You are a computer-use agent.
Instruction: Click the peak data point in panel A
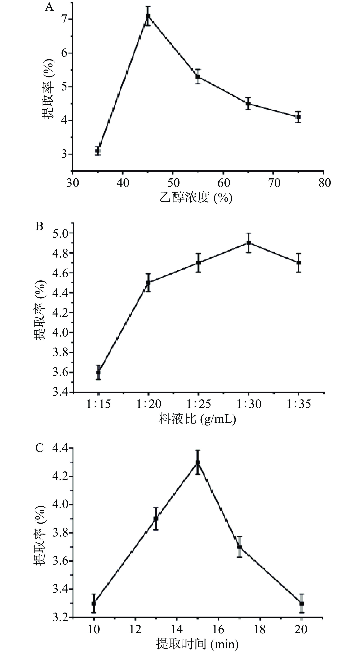pos(148,16)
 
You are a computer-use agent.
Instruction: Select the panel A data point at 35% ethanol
pos(98,151)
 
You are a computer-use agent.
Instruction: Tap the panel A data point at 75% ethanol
pos(299,117)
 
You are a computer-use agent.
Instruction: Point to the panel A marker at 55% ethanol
pos(198,76)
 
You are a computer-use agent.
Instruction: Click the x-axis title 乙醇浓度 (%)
pos(196,198)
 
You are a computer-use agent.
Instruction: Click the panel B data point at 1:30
pos(249,243)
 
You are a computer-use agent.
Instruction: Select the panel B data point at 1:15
pos(98,372)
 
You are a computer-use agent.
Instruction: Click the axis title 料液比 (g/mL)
pos(197,419)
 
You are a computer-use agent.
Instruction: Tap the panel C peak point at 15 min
pos(198,463)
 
